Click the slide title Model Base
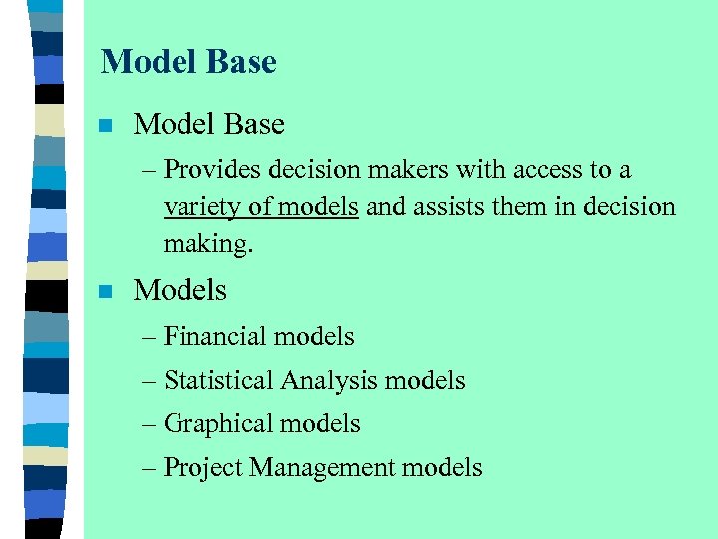(x=188, y=62)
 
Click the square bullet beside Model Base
(x=105, y=126)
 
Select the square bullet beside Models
(x=105, y=292)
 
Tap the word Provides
(x=208, y=171)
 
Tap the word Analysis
(x=329, y=380)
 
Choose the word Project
(x=203, y=468)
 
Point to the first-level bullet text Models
(x=179, y=291)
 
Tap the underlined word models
(x=319, y=207)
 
